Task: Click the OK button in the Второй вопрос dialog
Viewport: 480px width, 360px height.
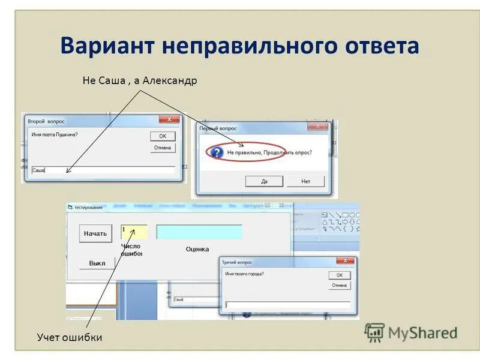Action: (x=162, y=136)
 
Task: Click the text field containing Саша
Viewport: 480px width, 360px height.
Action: (x=102, y=170)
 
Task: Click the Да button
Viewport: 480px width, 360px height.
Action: (x=264, y=181)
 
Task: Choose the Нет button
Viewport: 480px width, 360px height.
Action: (x=306, y=181)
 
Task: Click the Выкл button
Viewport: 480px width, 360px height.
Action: (x=97, y=263)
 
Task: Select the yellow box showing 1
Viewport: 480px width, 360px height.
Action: (x=134, y=232)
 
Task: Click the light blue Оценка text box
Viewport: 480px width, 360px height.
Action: (x=199, y=232)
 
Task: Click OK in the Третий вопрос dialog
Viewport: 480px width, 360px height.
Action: (x=339, y=275)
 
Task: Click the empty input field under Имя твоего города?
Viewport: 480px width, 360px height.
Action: (x=287, y=305)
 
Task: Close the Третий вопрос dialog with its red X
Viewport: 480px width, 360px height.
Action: (x=345, y=262)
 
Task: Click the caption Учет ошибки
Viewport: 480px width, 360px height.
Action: (x=69, y=338)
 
